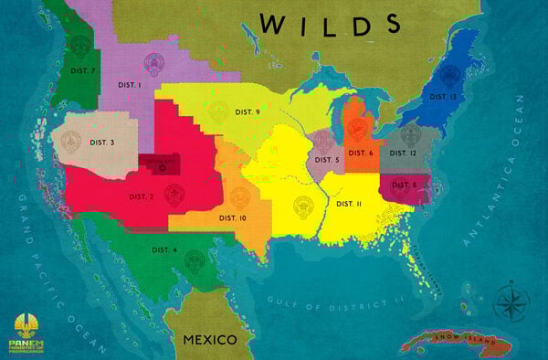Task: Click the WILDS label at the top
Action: coord(330,24)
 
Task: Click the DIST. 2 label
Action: coord(141,196)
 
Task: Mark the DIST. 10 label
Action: coord(233,217)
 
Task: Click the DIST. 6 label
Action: coord(359,153)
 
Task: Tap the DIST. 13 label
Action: coord(443,96)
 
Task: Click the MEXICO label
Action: coord(210,339)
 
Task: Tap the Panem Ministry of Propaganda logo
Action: coord(31,333)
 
